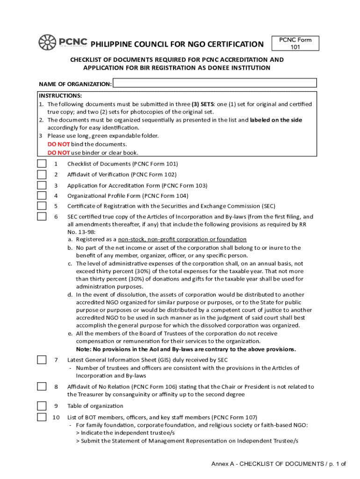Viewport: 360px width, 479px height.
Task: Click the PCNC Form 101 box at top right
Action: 295,44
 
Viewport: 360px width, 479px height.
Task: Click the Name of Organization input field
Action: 215,83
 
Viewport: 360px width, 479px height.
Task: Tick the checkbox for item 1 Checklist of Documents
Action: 42,164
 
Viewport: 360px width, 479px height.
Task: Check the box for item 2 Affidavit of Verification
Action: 42,174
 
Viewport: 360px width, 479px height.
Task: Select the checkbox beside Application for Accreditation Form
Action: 42,185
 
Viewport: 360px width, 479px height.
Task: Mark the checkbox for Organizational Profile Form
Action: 42,196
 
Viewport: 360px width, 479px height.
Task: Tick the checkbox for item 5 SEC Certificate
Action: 42,206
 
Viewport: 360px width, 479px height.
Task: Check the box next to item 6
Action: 42,217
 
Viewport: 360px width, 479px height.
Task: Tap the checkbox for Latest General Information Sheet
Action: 42,360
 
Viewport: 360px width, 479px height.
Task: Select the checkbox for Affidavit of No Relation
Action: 42,387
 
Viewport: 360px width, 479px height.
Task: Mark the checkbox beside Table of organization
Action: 42,406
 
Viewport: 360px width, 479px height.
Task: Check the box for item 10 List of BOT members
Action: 42,417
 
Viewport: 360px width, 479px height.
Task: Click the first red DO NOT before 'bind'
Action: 58,144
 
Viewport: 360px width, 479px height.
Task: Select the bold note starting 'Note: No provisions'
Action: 186,349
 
